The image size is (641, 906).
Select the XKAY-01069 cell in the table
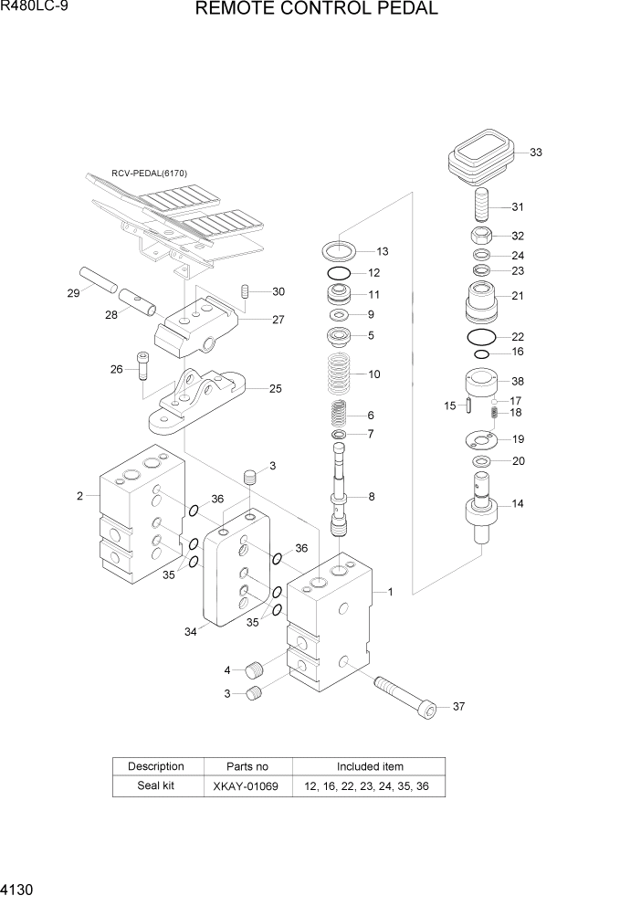[247, 786]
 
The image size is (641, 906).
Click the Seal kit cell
[156, 786]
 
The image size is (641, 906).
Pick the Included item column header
[369, 766]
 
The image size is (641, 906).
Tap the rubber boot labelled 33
[481, 154]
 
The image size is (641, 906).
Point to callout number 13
[382, 251]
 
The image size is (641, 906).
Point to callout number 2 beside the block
[79, 496]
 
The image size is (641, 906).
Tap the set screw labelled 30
[246, 291]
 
